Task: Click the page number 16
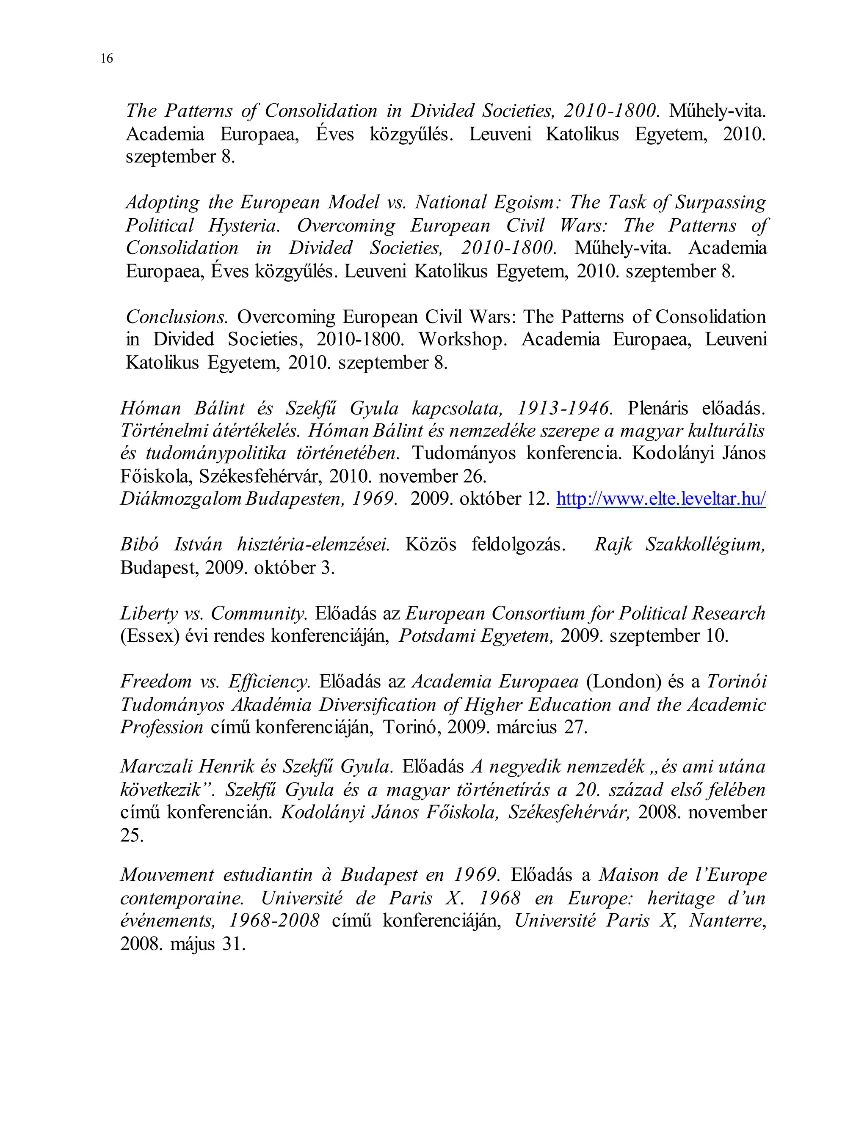(106, 58)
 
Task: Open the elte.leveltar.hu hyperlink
(661, 498)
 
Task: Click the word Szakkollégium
(705, 544)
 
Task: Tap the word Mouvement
(167, 875)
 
